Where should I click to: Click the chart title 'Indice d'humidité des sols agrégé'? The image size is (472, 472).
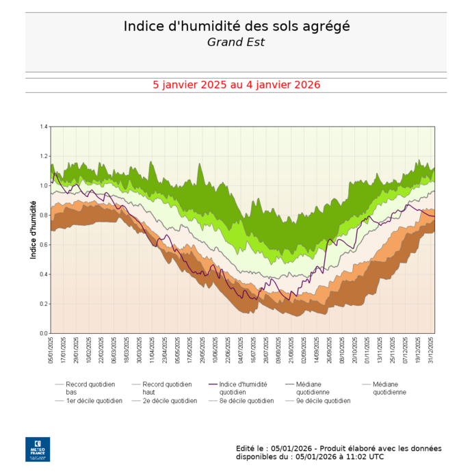point(236,26)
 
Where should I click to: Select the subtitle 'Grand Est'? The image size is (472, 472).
point(236,42)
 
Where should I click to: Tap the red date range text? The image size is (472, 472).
point(236,85)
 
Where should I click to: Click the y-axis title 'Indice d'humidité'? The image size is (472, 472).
point(33,229)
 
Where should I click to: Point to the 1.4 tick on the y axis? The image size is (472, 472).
point(44,127)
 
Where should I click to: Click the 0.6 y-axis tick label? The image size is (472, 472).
point(44,245)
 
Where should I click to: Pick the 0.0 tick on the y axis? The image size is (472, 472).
point(44,333)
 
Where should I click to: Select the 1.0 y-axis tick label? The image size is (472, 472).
point(44,186)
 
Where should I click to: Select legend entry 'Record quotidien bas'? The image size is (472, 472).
point(90,388)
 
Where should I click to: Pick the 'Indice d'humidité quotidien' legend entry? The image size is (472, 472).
point(243,388)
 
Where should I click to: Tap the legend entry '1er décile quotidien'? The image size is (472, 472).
point(94,401)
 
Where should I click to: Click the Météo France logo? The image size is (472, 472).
point(38,449)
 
